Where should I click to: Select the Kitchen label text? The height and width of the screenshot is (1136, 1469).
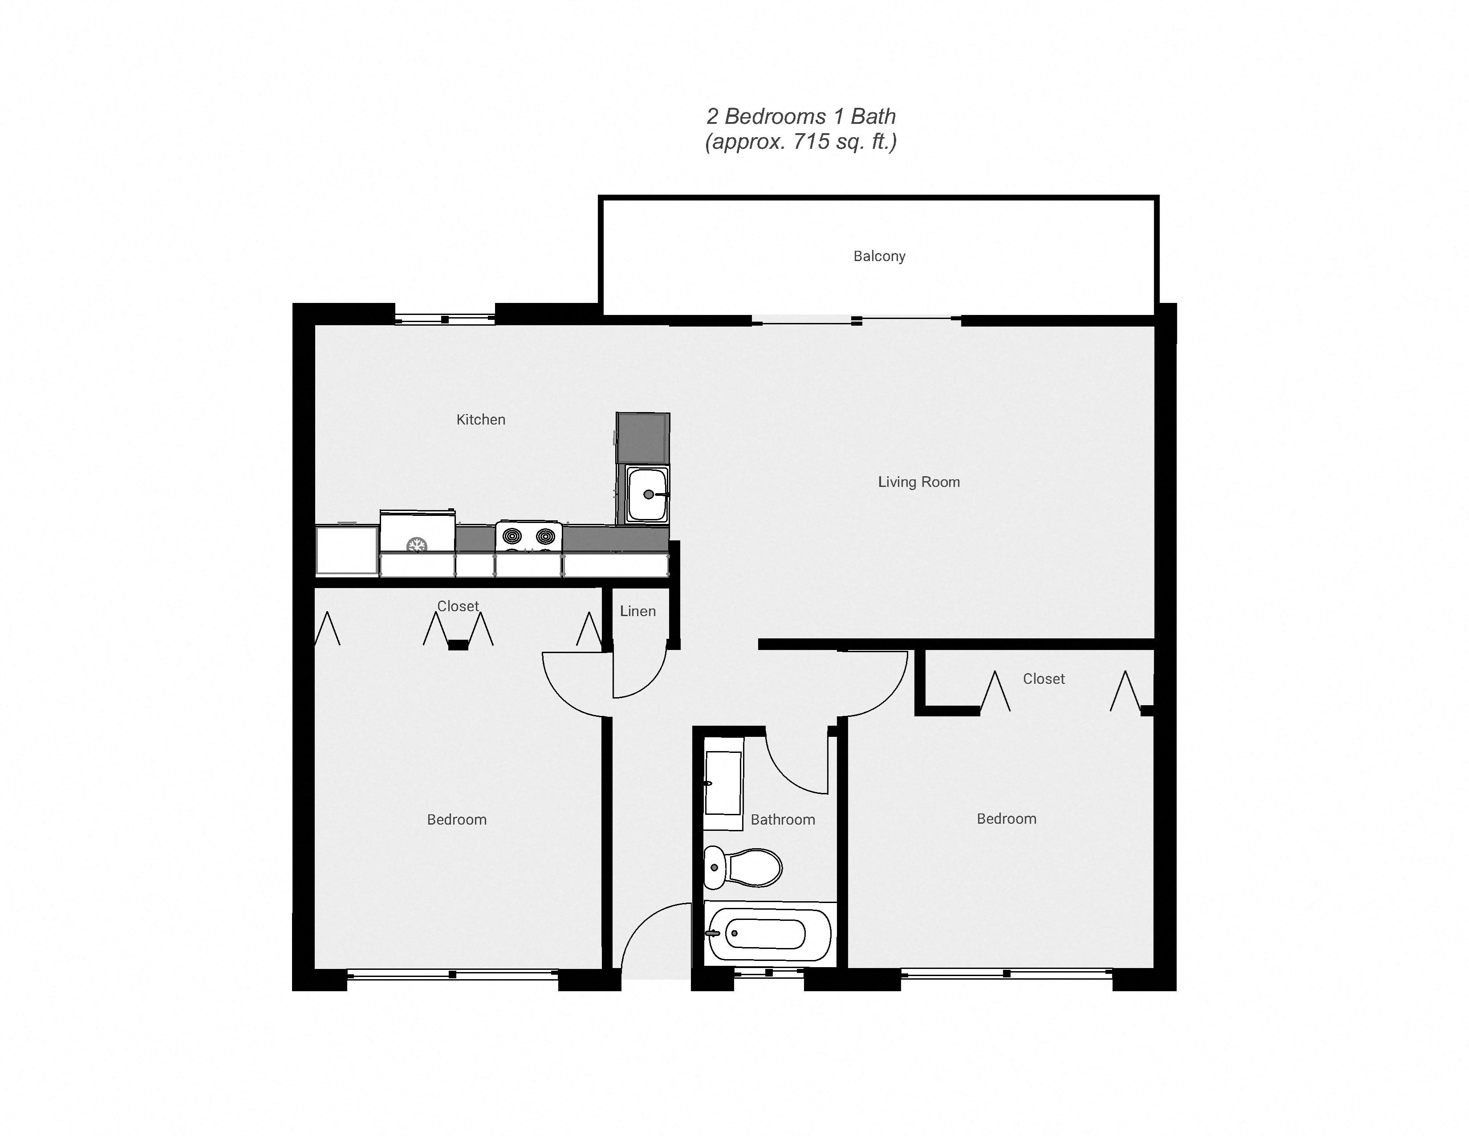[480, 419]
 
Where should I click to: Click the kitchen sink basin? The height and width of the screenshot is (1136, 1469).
[646, 494]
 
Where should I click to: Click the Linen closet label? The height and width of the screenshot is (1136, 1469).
[637, 611]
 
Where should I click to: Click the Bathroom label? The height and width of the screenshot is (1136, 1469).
[782, 820]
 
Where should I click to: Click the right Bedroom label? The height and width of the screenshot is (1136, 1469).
[1006, 819]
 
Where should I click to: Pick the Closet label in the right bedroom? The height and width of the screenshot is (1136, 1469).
[1043, 679]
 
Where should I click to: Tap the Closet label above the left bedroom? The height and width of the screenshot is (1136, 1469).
[457, 606]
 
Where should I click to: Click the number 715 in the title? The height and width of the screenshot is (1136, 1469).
[811, 142]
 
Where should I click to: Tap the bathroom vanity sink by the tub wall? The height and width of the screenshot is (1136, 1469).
[722, 783]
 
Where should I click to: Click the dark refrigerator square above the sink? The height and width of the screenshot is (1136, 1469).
[642, 438]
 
